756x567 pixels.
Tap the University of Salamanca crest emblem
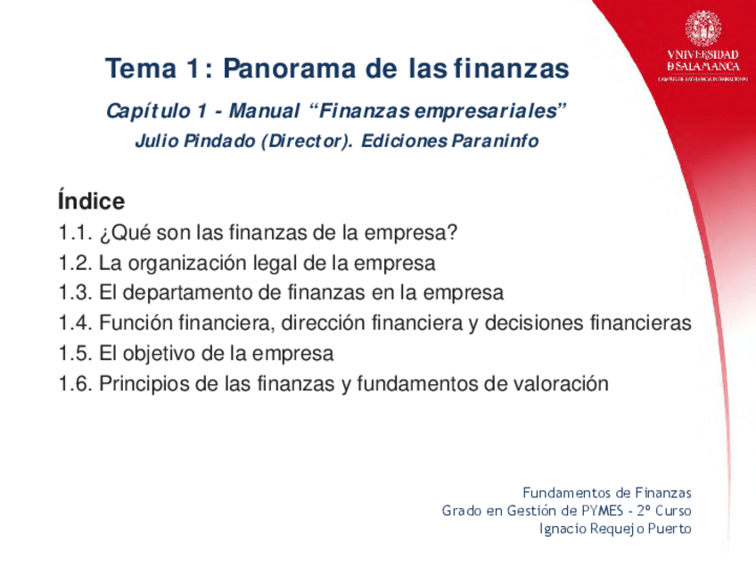click(x=703, y=29)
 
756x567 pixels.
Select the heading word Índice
click(x=90, y=201)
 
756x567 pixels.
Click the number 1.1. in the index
click(x=76, y=234)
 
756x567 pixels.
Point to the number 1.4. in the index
click(x=76, y=324)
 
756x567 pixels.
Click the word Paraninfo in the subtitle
click(x=496, y=141)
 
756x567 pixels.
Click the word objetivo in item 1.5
click(x=160, y=354)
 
